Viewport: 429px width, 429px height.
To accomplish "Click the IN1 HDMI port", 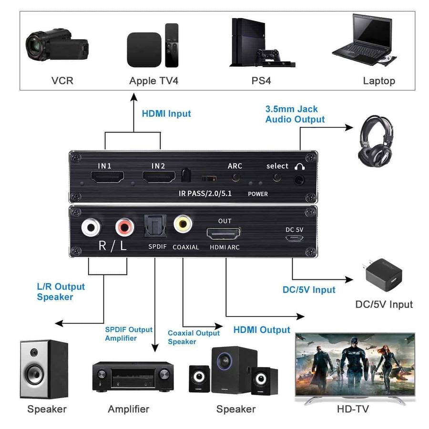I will pos(108,178).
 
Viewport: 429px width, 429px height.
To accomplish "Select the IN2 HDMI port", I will pos(158,178).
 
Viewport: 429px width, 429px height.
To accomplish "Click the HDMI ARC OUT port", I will pos(224,234).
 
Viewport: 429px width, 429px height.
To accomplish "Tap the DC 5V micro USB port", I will pos(294,237).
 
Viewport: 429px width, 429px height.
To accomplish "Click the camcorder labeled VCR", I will pos(57,45).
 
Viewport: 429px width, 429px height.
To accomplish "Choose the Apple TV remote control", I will pos(172,45).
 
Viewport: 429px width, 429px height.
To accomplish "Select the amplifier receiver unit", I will pos(133,376).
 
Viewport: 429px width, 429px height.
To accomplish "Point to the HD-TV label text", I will pos(352,409).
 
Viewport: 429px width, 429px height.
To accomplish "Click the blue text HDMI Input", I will pos(166,113).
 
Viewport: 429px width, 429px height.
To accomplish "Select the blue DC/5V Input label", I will pos(309,290).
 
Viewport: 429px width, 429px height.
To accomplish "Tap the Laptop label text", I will pos(379,81).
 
